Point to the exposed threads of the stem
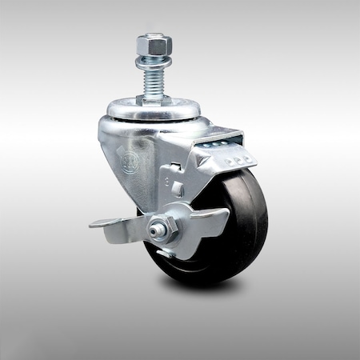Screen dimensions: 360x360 151,76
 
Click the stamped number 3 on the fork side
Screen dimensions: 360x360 164,182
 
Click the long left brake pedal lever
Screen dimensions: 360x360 112,222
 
